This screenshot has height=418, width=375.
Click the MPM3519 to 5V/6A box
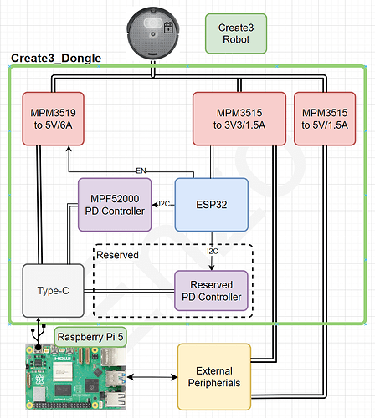coord(53,119)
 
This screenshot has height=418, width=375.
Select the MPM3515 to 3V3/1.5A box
coord(239,119)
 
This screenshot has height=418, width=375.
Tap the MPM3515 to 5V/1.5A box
coord(325,119)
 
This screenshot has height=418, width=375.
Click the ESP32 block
coord(212,205)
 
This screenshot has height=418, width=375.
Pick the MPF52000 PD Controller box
coord(115,205)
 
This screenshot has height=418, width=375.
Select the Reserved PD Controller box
coord(211,291)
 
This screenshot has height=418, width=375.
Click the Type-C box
coord(53,291)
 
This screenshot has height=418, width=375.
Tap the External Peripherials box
coord(214,377)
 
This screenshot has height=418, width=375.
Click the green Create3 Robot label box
coord(236,33)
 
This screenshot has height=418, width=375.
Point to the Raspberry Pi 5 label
coord(90,337)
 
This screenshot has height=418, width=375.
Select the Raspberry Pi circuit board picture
coord(76,377)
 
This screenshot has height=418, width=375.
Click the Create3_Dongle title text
coord(56,58)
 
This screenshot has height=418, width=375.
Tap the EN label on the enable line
coord(141,171)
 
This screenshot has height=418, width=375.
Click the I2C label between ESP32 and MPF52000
coord(164,204)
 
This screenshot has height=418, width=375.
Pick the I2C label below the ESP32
coord(213,251)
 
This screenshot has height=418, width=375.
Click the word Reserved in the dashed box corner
coord(117,255)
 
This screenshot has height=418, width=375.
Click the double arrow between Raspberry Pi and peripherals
coord(152,377)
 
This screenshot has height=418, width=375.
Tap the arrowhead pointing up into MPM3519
coord(69,149)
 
